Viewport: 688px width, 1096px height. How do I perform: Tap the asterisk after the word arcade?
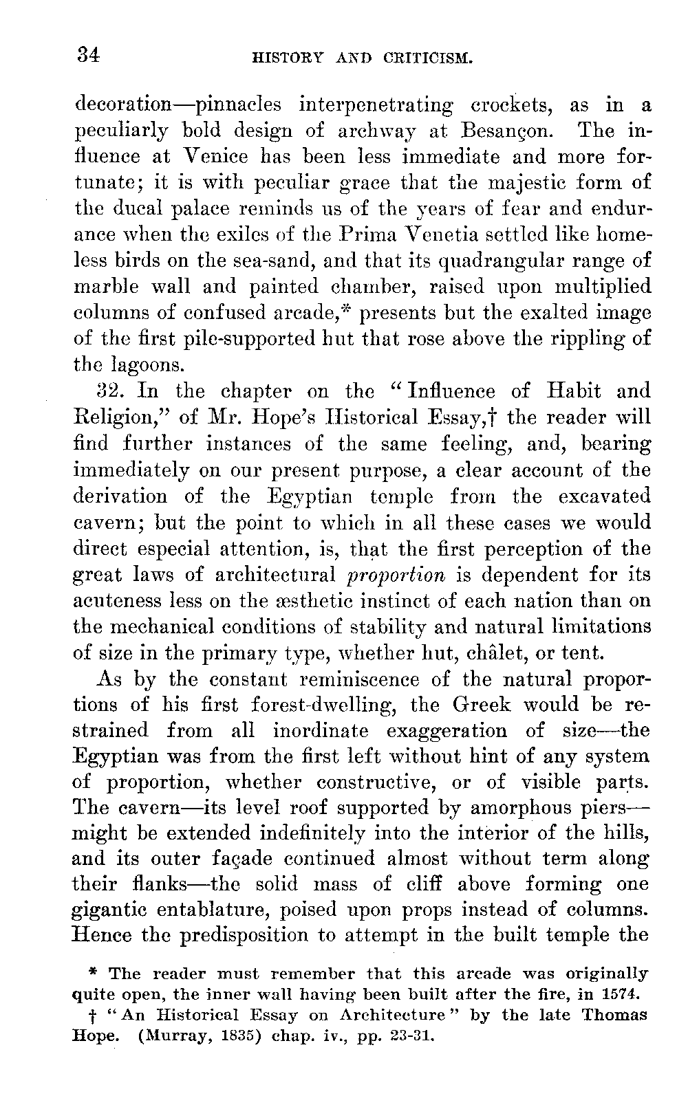[x=350, y=309]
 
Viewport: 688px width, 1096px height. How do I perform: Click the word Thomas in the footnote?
[x=610, y=1016]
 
